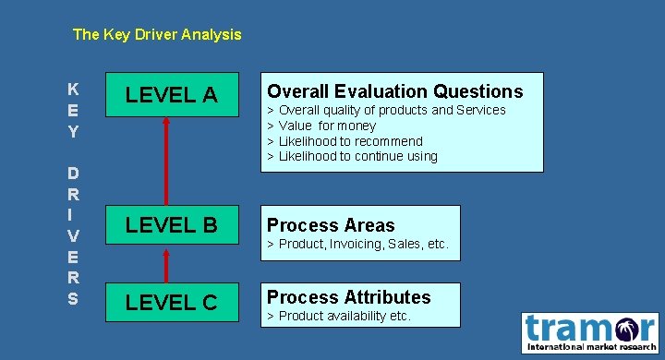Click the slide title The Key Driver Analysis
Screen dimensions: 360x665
coord(157,35)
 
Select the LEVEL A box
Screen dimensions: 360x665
coord(171,94)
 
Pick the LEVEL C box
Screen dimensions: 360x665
coord(171,302)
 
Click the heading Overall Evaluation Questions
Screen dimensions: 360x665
coord(394,90)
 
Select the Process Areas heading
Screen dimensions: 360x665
coord(331,225)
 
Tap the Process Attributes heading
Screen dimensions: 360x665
coord(348,297)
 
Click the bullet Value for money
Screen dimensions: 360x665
coord(323,126)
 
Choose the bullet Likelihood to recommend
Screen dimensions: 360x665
coord(346,141)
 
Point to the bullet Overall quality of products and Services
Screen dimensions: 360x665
coord(388,110)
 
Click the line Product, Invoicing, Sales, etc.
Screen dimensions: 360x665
coord(358,245)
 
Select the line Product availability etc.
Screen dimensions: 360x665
coord(339,317)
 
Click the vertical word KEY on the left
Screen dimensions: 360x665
coord(73,111)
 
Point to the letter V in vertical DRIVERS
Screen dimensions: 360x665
coord(73,236)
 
